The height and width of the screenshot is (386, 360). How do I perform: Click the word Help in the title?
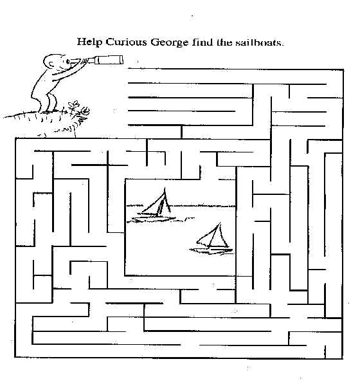pyautogui.click(x=89, y=42)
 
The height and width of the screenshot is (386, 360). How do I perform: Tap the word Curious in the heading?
pyautogui.click(x=126, y=42)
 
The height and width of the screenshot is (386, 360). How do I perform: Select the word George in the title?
pyautogui.click(x=169, y=42)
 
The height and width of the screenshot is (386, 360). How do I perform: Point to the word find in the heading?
pyautogui.click(x=202, y=42)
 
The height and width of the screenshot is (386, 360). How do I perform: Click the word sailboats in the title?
pyautogui.click(x=260, y=42)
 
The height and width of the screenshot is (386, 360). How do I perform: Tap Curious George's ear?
pyautogui.click(x=51, y=64)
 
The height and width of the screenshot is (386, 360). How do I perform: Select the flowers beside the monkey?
pyautogui.click(x=78, y=111)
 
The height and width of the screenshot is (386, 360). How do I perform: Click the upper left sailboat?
pyautogui.click(x=156, y=205)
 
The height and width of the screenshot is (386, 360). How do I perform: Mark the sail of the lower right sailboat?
pyautogui.click(x=213, y=235)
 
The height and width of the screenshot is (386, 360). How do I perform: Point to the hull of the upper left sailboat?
pyautogui.click(x=154, y=219)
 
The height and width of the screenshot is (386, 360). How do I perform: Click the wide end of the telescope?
pyautogui.click(x=122, y=60)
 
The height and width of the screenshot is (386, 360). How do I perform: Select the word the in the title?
pyautogui.click(x=224, y=42)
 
